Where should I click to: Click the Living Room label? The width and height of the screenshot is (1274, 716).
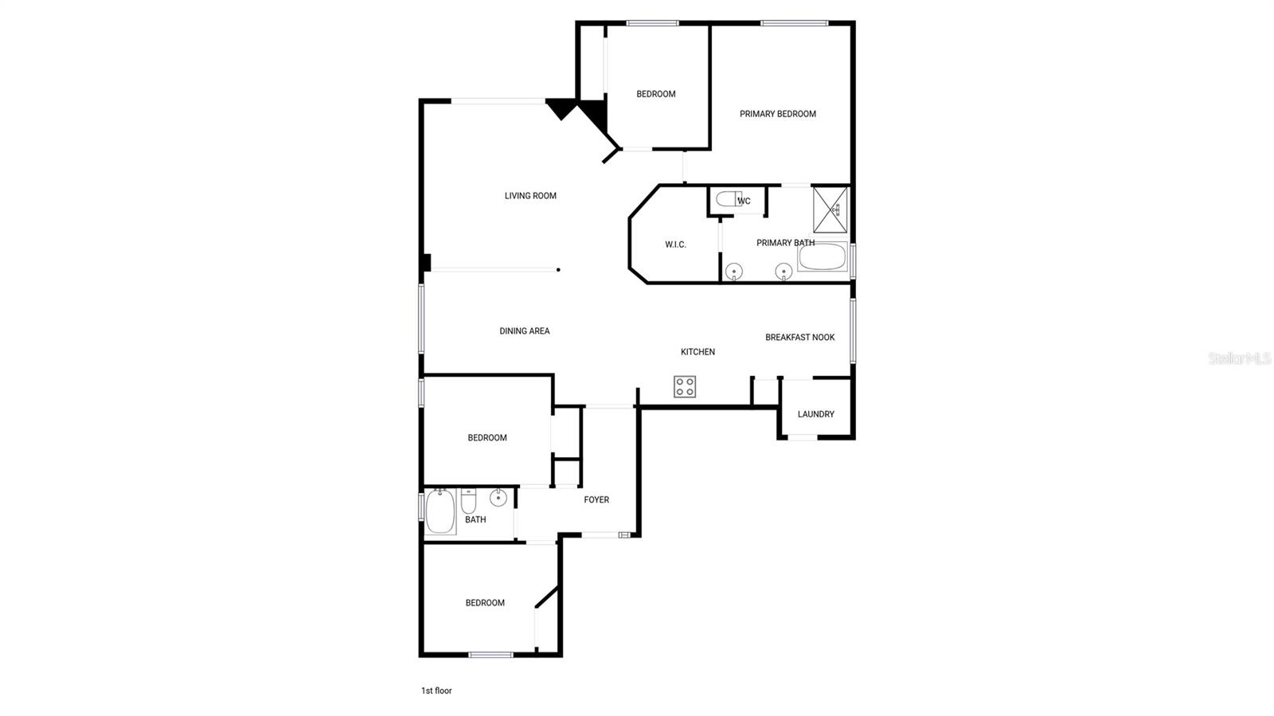pyautogui.click(x=530, y=196)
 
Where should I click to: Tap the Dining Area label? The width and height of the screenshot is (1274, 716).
pyautogui.click(x=524, y=331)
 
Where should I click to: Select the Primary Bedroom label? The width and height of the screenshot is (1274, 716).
pyautogui.click(x=777, y=114)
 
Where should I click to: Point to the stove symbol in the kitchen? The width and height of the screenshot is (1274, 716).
pyautogui.click(x=685, y=387)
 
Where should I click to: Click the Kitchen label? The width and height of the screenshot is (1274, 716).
pyautogui.click(x=698, y=352)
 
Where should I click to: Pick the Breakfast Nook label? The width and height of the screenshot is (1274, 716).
pyautogui.click(x=799, y=338)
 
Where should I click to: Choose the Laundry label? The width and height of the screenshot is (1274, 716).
pyautogui.click(x=815, y=414)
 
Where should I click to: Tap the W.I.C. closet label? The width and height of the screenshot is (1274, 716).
pyautogui.click(x=675, y=245)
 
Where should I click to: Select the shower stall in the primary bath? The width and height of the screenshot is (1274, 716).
pyautogui.click(x=830, y=209)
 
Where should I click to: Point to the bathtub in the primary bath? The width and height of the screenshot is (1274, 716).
pyautogui.click(x=823, y=257)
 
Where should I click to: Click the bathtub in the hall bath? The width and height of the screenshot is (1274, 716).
pyautogui.click(x=440, y=511)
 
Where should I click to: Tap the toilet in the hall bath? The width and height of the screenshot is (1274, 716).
pyautogui.click(x=468, y=502)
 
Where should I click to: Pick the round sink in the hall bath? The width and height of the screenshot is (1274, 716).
pyautogui.click(x=498, y=499)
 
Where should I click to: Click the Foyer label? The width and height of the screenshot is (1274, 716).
pyautogui.click(x=596, y=500)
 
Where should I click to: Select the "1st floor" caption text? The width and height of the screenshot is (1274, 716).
pyautogui.click(x=436, y=691)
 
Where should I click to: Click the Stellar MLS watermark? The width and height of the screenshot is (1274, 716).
pyautogui.click(x=1239, y=358)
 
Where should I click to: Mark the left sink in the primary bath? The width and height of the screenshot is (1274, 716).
pyautogui.click(x=733, y=272)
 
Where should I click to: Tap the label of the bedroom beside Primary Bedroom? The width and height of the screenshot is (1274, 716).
pyautogui.click(x=655, y=94)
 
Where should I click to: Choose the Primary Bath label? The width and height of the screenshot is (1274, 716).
pyautogui.click(x=785, y=243)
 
